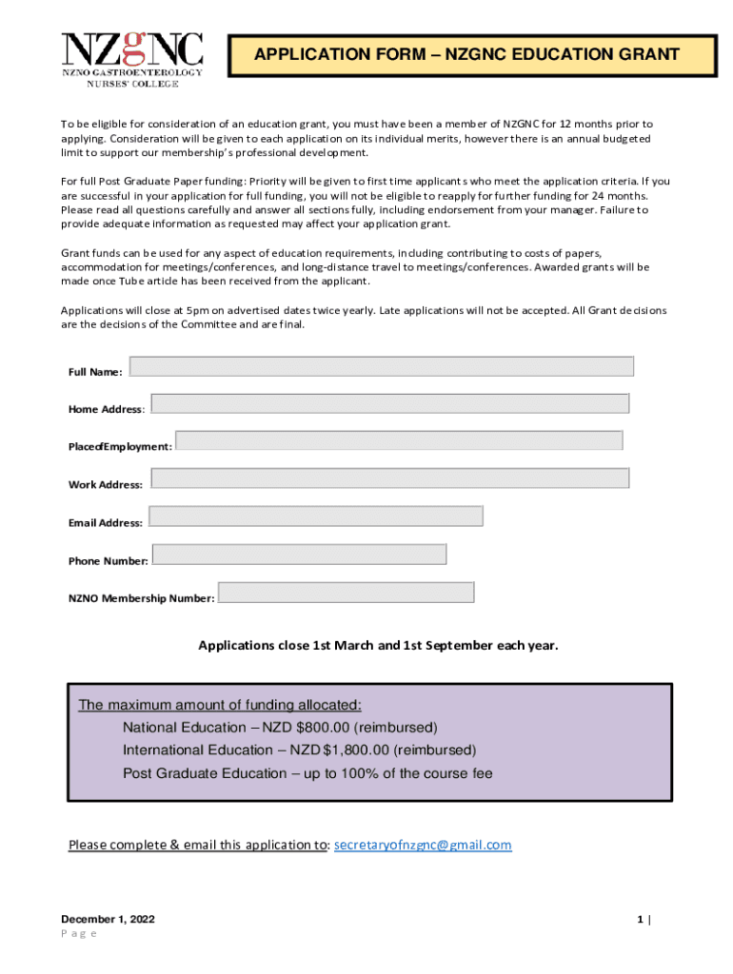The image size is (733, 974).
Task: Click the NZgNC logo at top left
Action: (132, 59)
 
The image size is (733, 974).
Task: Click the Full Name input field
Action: (381, 366)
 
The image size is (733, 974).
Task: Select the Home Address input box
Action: (389, 403)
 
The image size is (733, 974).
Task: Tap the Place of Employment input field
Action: (399, 440)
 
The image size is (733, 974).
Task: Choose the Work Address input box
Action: (389, 478)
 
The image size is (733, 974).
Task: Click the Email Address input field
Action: (315, 516)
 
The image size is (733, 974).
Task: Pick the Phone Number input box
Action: (299, 554)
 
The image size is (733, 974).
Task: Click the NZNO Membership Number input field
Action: (347, 592)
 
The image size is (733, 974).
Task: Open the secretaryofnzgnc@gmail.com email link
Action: (423, 845)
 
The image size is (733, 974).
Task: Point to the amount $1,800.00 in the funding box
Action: (357, 750)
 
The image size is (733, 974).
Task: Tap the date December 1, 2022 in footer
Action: (108, 920)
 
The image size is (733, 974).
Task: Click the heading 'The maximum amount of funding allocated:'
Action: (220, 705)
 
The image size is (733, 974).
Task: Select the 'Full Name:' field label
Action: (95, 372)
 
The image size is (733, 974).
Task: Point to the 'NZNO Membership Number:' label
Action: (141, 598)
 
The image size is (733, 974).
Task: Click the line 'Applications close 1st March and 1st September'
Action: (378, 646)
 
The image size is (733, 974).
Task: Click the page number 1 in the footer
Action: (641, 920)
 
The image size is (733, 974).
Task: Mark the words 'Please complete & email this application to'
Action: (198, 845)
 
